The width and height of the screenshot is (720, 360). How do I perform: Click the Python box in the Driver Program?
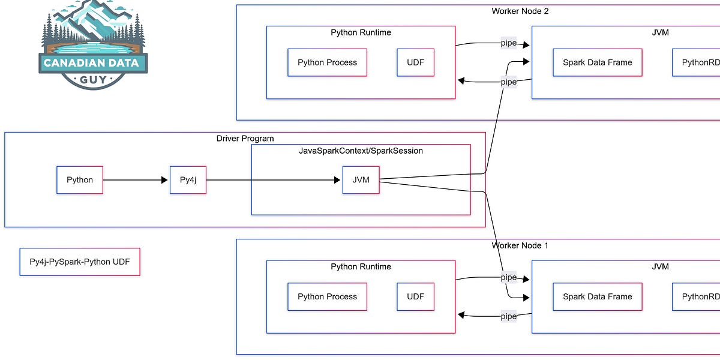tap(80, 180)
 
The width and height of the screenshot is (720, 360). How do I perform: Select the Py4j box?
tap(188, 180)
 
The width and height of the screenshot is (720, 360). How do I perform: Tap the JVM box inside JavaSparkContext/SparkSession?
tap(361, 180)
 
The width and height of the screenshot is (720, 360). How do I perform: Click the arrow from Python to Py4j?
tap(136, 180)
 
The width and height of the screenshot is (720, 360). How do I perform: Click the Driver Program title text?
tap(245, 139)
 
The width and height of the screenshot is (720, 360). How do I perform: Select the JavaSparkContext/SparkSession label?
tap(361, 151)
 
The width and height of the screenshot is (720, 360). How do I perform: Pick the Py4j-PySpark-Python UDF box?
tap(80, 262)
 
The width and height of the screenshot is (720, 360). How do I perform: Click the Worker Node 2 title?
tap(520, 11)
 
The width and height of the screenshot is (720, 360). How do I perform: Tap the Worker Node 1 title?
tap(520, 245)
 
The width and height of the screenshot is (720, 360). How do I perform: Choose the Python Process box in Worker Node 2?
tap(327, 62)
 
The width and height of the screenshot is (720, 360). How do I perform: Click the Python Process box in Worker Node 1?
tap(327, 296)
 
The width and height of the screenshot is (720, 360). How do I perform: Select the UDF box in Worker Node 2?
tap(415, 62)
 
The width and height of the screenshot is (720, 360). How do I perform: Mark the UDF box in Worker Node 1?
tap(415, 296)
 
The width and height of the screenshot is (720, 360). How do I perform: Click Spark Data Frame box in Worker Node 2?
tap(597, 62)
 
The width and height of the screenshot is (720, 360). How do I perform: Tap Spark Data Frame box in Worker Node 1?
tap(597, 296)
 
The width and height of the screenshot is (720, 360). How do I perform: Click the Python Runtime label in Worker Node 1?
tap(361, 266)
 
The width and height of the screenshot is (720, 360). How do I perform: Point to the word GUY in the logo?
tap(92, 79)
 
